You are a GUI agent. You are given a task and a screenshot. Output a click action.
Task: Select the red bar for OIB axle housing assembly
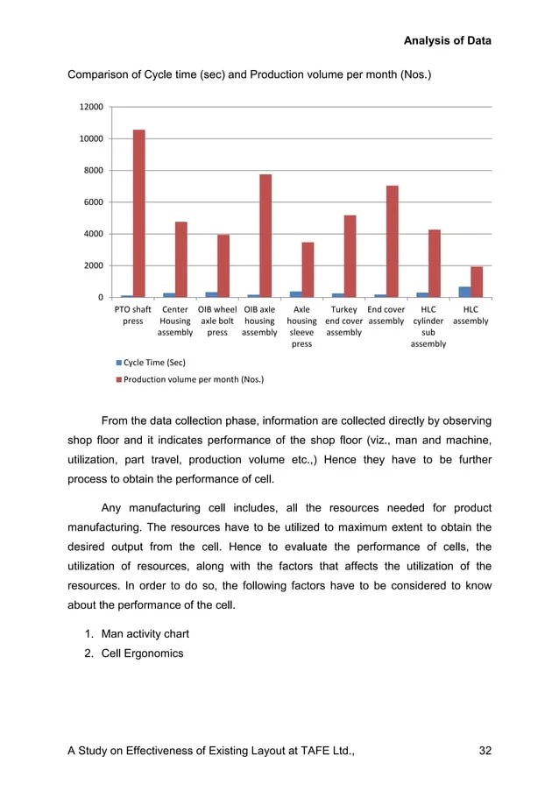(265, 236)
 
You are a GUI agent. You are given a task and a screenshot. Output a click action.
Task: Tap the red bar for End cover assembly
(393, 242)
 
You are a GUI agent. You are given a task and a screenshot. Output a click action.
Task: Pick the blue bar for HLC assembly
(464, 292)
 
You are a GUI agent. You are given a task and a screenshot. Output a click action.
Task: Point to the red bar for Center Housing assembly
(181, 259)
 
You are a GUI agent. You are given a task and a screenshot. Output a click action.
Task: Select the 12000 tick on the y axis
(91, 107)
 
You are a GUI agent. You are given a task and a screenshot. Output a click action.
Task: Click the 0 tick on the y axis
(101, 298)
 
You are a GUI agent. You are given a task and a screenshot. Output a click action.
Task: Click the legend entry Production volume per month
(193, 379)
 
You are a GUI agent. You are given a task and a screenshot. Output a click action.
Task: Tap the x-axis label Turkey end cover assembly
(343, 321)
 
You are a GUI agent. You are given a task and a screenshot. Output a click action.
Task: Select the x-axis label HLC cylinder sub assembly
(428, 326)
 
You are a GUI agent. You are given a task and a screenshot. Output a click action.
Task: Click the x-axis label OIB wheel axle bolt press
(217, 321)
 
